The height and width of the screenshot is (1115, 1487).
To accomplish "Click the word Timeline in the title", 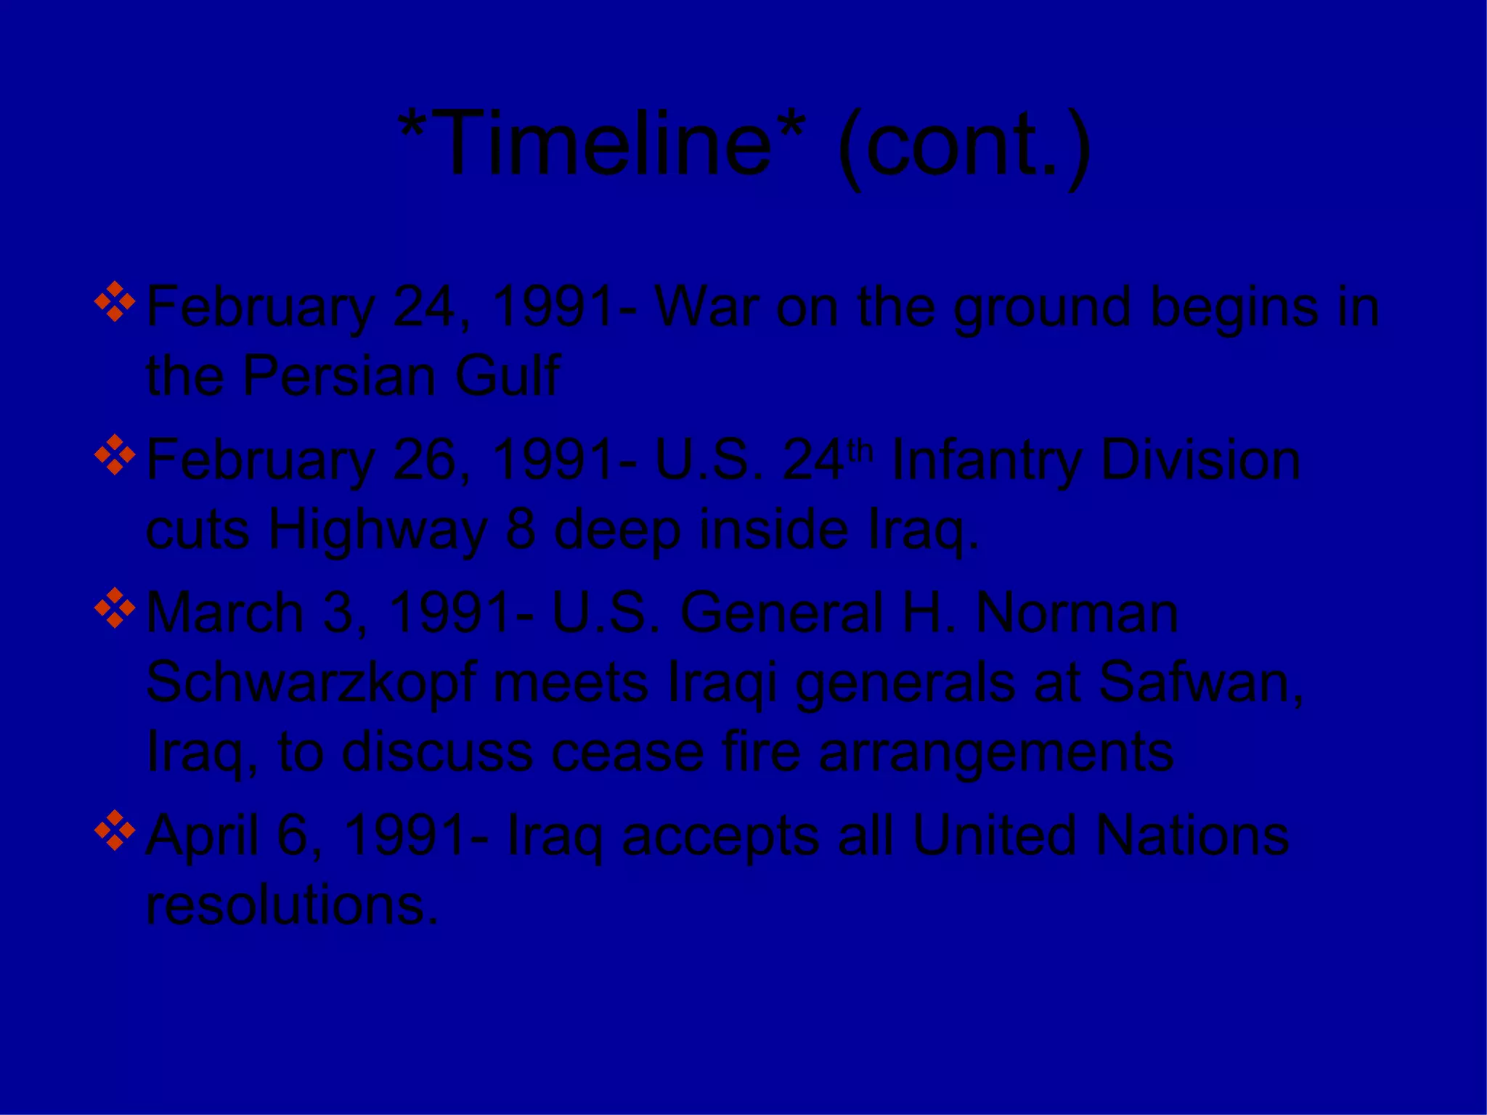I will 603,143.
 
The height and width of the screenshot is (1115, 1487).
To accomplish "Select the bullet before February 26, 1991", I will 115,456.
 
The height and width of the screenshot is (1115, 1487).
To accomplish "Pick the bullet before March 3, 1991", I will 115,608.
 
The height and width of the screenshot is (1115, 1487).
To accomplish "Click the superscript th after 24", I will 860,451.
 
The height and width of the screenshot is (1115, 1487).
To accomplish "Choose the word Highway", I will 378,530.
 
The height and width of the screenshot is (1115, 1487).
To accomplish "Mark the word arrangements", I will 996,752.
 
